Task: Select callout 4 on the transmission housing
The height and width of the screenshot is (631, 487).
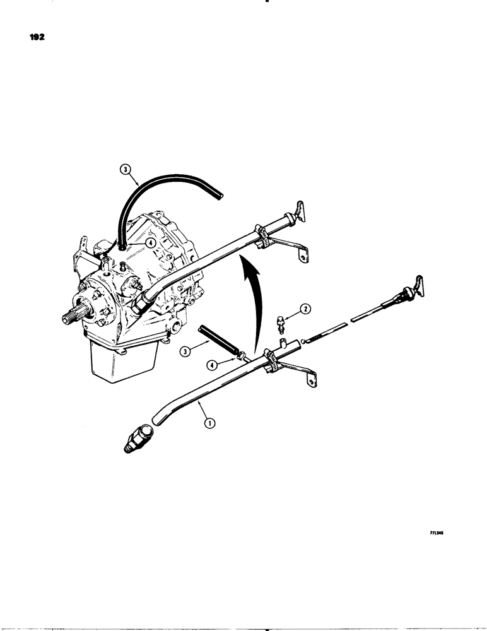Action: click(x=150, y=241)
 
